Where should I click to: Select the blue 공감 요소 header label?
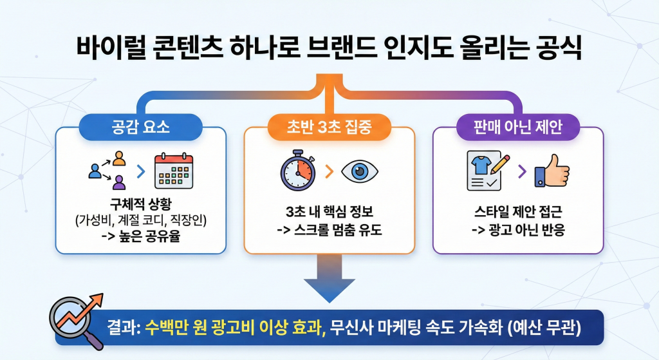pos(141,127)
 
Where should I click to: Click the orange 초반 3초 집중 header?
pos(329,127)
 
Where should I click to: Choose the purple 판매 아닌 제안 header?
pos(518,127)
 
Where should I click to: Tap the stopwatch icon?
pos(297,171)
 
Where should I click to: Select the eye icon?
pos(360,171)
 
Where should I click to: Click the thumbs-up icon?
pos(554,171)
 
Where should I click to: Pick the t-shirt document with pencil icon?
pos(487,171)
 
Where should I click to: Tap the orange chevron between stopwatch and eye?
pos(329,172)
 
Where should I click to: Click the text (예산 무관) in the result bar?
pos(544,328)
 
